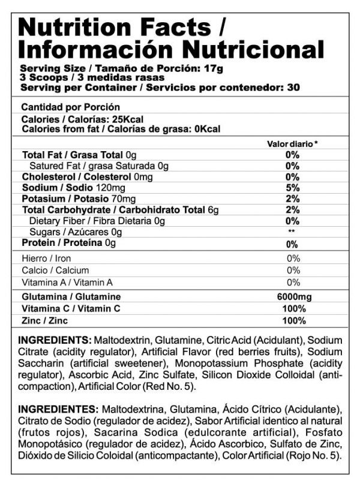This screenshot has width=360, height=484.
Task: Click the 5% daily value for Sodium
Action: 292,188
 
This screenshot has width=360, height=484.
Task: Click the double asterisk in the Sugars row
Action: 292,232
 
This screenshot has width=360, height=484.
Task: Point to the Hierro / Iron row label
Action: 46,258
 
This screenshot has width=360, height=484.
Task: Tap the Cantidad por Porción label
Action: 66,107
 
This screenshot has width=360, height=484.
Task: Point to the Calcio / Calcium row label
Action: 55,270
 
